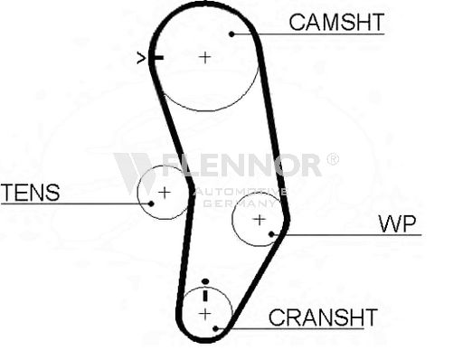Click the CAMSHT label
coord(336,23)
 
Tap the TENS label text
coord(31,193)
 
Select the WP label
coord(397,223)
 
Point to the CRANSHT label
coord(323,317)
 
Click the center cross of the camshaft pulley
coord(205,57)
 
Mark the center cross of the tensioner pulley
coord(165,193)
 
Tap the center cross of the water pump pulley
coord(260,220)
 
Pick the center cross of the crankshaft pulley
coord(205,315)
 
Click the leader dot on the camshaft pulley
coord(231,34)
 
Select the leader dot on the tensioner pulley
coord(151,204)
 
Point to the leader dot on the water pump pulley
coord(271,234)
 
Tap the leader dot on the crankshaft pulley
coord(215,328)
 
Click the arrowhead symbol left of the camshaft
coord(141,58)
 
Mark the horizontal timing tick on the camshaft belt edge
coord(156,58)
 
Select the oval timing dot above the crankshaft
coord(205,281)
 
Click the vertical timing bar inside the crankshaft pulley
coord(205,296)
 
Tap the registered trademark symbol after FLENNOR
coord(333,159)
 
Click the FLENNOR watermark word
coord(241,165)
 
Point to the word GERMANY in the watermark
coord(240,203)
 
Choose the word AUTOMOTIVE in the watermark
coord(240,192)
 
